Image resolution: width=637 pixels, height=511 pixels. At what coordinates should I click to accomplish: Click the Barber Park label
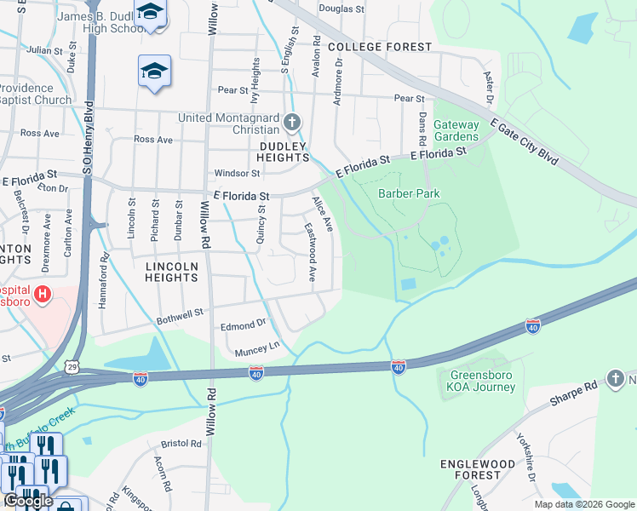[409, 193]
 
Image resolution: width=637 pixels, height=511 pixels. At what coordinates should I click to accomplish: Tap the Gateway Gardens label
[456, 130]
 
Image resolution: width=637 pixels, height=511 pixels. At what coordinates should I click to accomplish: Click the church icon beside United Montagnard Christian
[292, 123]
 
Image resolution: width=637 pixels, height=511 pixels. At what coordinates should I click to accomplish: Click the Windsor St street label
[237, 172]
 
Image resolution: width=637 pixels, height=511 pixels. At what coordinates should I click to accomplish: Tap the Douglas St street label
[341, 9]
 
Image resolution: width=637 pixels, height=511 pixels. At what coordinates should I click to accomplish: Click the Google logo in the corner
[28, 501]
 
